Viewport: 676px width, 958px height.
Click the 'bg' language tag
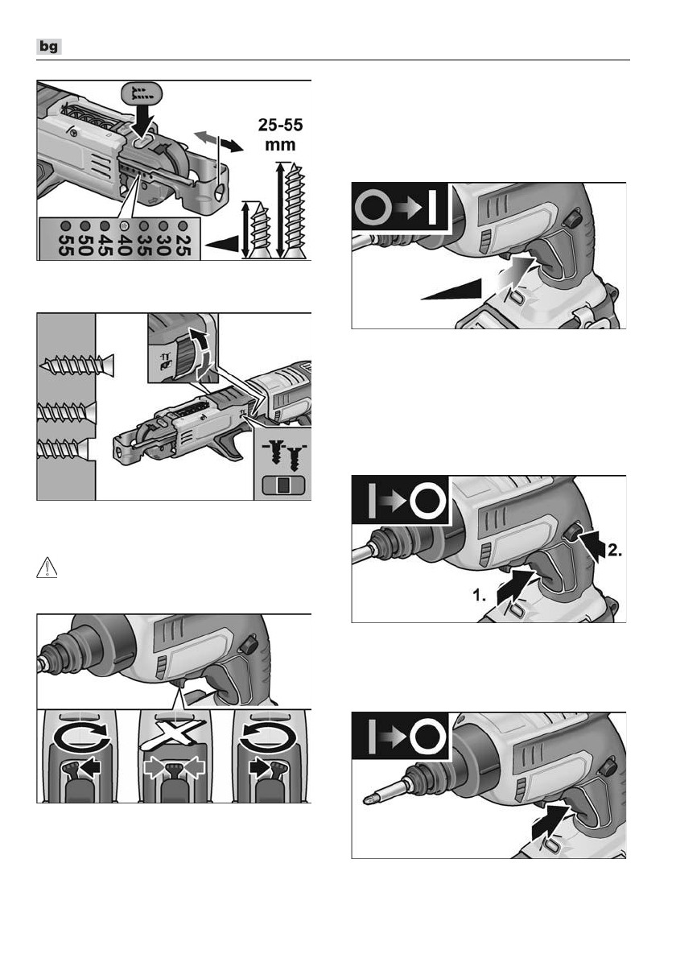[49, 47]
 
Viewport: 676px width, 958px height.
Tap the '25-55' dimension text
[280, 125]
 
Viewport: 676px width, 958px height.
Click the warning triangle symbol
[47, 568]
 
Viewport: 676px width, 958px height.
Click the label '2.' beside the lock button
[615, 551]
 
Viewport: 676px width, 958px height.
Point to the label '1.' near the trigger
[480, 595]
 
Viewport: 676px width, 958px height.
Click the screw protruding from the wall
[77, 365]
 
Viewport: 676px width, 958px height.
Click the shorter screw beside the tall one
[259, 230]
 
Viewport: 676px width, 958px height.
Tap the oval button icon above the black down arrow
[141, 94]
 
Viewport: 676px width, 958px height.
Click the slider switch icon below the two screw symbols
[282, 485]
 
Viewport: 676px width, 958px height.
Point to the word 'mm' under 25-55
[280, 146]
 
